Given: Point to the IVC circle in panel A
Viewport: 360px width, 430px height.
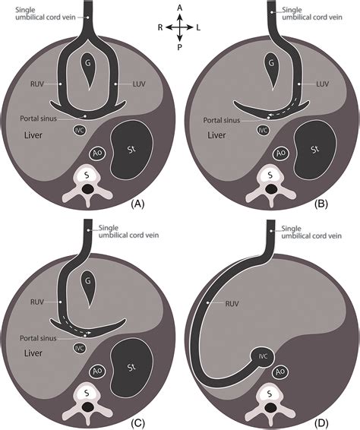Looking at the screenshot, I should pyautogui.click(x=79, y=130).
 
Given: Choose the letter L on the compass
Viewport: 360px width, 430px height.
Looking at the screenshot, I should pyautogui.click(x=198, y=27).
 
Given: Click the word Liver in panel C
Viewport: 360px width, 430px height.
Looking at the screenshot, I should pyautogui.click(x=33, y=354).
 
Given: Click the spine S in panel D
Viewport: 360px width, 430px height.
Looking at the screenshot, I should pyautogui.click(x=268, y=396).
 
